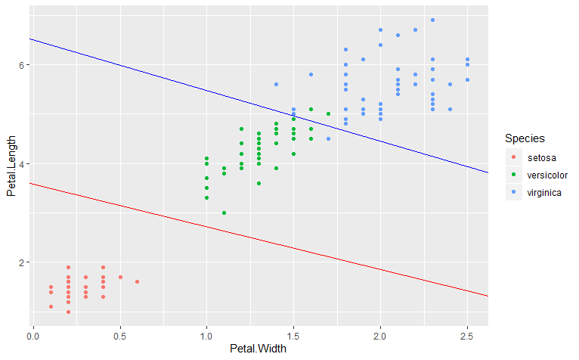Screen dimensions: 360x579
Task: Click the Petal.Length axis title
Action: click(x=11, y=163)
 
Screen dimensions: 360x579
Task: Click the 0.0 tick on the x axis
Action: click(x=33, y=334)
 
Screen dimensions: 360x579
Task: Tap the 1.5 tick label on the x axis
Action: click(x=293, y=334)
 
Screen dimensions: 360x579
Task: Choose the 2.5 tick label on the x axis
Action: click(x=467, y=334)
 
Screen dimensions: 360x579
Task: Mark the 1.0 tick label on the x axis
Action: click(x=206, y=334)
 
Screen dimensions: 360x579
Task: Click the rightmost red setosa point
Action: click(x=137, y=281)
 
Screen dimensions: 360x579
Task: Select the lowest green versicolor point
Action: click(x=224, y=213)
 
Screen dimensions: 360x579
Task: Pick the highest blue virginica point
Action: click(x=432, y=20)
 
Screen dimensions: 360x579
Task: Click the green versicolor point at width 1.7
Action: click(x=328, y=114)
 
